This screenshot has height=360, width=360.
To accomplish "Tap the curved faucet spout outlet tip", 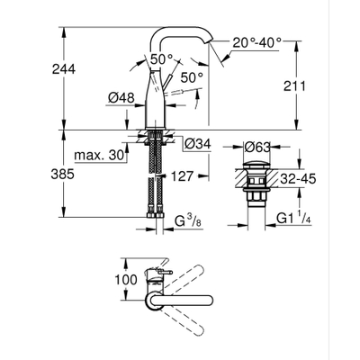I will (211, 53).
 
